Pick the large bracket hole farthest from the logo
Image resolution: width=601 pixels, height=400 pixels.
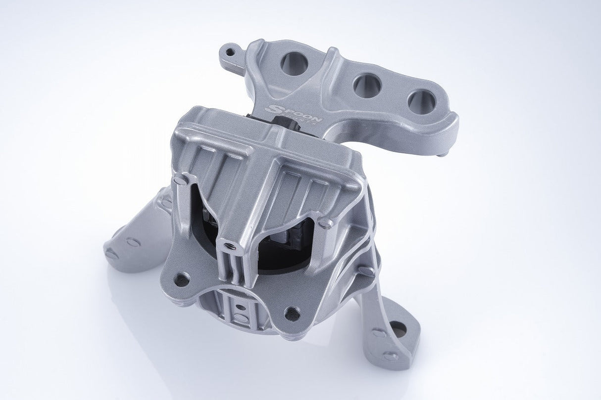[x=421, y=102]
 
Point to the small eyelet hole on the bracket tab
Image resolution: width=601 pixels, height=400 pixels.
[x=229, y=50]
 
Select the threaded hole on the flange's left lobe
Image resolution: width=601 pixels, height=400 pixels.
[x=182, y=279]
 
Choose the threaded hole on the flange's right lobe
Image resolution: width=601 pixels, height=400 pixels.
[x=292, y=313]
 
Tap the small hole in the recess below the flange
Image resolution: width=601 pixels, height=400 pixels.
[x=242, y=306]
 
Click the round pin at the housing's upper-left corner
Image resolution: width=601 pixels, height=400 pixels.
[x=181, y=180]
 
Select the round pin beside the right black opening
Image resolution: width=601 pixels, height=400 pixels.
[x=325, y=223]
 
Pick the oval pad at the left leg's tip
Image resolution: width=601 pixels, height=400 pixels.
[x=112, y=254]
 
